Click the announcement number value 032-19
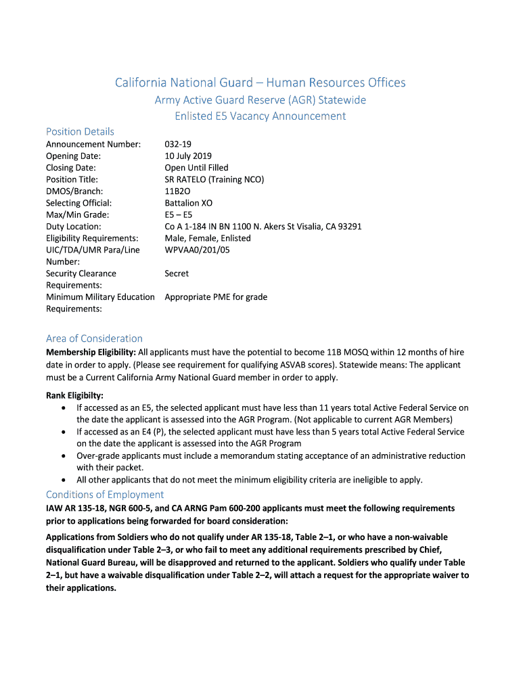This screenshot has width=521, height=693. pos(177,144)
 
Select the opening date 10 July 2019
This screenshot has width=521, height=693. pos(188,156)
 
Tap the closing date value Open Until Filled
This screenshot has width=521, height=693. pos(196,168)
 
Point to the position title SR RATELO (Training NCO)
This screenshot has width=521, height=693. pos(214,179)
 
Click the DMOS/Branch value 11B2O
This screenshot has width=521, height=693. pos(178,192)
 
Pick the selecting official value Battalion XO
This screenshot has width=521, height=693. pos(188,203)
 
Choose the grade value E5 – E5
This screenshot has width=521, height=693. pos(179,215)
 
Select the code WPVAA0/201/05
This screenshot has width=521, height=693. pos(197,250)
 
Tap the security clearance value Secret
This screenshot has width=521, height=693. pos(177,273)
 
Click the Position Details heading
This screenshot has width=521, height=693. pos(80,131)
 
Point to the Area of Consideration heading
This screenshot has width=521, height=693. pos(94,338)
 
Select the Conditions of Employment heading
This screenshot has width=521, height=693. pos(105,495)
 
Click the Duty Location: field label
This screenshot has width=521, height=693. pos(74,227)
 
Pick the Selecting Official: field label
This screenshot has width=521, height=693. pos(78,203)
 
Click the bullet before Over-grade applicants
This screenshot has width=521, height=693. pos(63,456)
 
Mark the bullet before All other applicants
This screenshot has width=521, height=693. pos(63,480)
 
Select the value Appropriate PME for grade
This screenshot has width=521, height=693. pos(216,297)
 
